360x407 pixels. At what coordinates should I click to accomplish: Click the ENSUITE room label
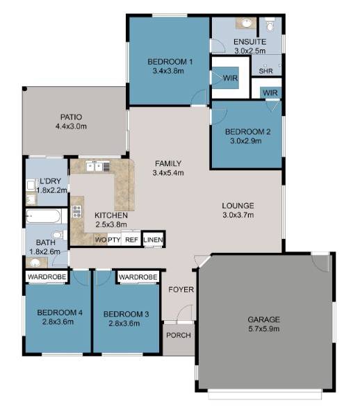pyautogui.click(x=249, y=42)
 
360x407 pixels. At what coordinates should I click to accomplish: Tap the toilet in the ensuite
pyautogui.click(x=270, y=24)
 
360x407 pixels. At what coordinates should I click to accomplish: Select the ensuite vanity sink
pyautogui.click(x=246, y=24)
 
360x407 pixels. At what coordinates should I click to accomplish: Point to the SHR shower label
pyautogui.click(x=265, y=71)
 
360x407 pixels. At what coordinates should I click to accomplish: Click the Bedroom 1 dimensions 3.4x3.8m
pyautogui.click(x=168, y=71)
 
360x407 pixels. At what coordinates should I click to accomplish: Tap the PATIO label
pyautogui.click(x=71, y=117)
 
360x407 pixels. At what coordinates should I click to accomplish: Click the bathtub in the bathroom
pyautogui.click(x=44, y=216)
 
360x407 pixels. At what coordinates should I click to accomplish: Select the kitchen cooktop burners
pyautogui.click(x=77, y=211)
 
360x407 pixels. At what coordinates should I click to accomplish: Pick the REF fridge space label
pyautogui.click(x=131, y=240)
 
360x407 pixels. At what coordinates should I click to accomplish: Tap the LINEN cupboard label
pyautogui.click(x=154, y=240)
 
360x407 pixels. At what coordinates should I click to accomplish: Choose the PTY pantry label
pyautogui.click(x=114, y=240)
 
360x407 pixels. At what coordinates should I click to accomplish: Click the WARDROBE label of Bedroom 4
pyautogui.click(x=47, y=276)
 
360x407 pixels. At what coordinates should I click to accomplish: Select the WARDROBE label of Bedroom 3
pyautogui.click(x=138, y=277)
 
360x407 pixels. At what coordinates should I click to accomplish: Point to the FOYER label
pyautogui.click(x=181, y=290)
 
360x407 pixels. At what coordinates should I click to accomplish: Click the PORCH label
pyautogui.click(x=179, y=335)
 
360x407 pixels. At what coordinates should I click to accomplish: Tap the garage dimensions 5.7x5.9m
pyautogui.click(x=264, y=329)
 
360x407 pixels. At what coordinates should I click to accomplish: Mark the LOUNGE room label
pyautogui.click(x=238, y=206)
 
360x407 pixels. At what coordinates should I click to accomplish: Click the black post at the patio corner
pyautogui.click(x=25, y=89)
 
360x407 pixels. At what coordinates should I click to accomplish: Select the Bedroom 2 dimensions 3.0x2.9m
pyautogui.click(x=246, y=141)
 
